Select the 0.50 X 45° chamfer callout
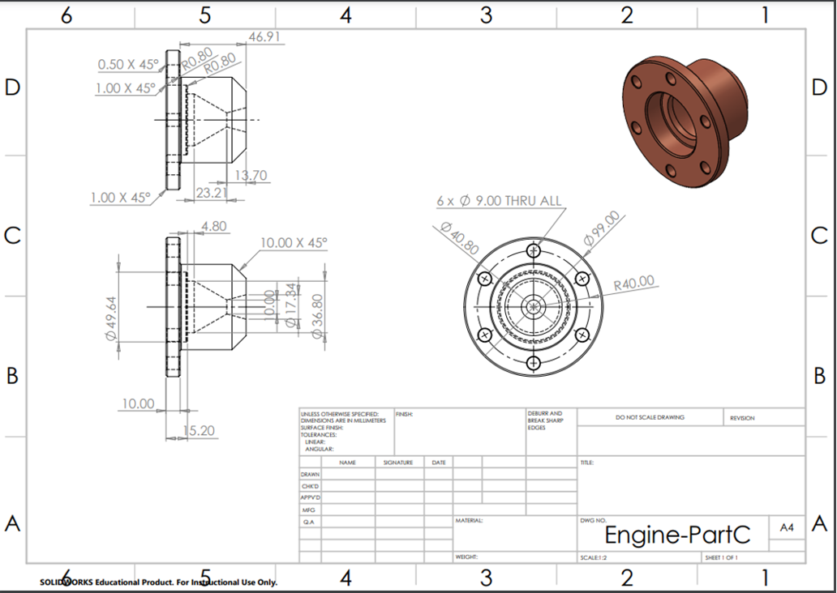coord(127,64)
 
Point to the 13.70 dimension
coord(251,176)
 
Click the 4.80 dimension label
coord(213,227)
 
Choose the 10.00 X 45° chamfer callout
coord(294,242)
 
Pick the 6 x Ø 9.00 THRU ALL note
coord(499,200)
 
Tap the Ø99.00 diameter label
coord(602,229)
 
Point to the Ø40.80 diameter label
coord(458,238)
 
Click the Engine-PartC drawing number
coord(677,535)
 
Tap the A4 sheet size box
coord(787,527)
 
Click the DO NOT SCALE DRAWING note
coord(650,417)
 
